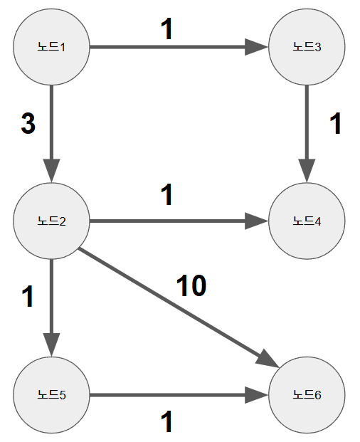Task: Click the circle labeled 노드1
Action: pos(51,48)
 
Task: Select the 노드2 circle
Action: pos(51,221)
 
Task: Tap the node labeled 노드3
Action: pos(307,48)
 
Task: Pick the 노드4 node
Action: pos(307,221)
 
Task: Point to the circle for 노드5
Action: pos(51,394)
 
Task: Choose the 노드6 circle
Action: pos(307,394)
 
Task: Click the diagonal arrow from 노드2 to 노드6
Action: pos(178,307)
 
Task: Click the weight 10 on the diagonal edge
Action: pos(191,285)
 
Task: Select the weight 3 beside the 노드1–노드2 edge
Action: pos(28,125)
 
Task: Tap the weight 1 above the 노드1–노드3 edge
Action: pos(167,28)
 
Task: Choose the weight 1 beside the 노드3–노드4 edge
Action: pos(336,125)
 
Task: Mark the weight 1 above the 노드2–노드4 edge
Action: pos(167,195)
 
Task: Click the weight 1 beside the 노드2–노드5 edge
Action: pos(28,297)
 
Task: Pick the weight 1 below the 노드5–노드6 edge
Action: pos(167,423)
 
